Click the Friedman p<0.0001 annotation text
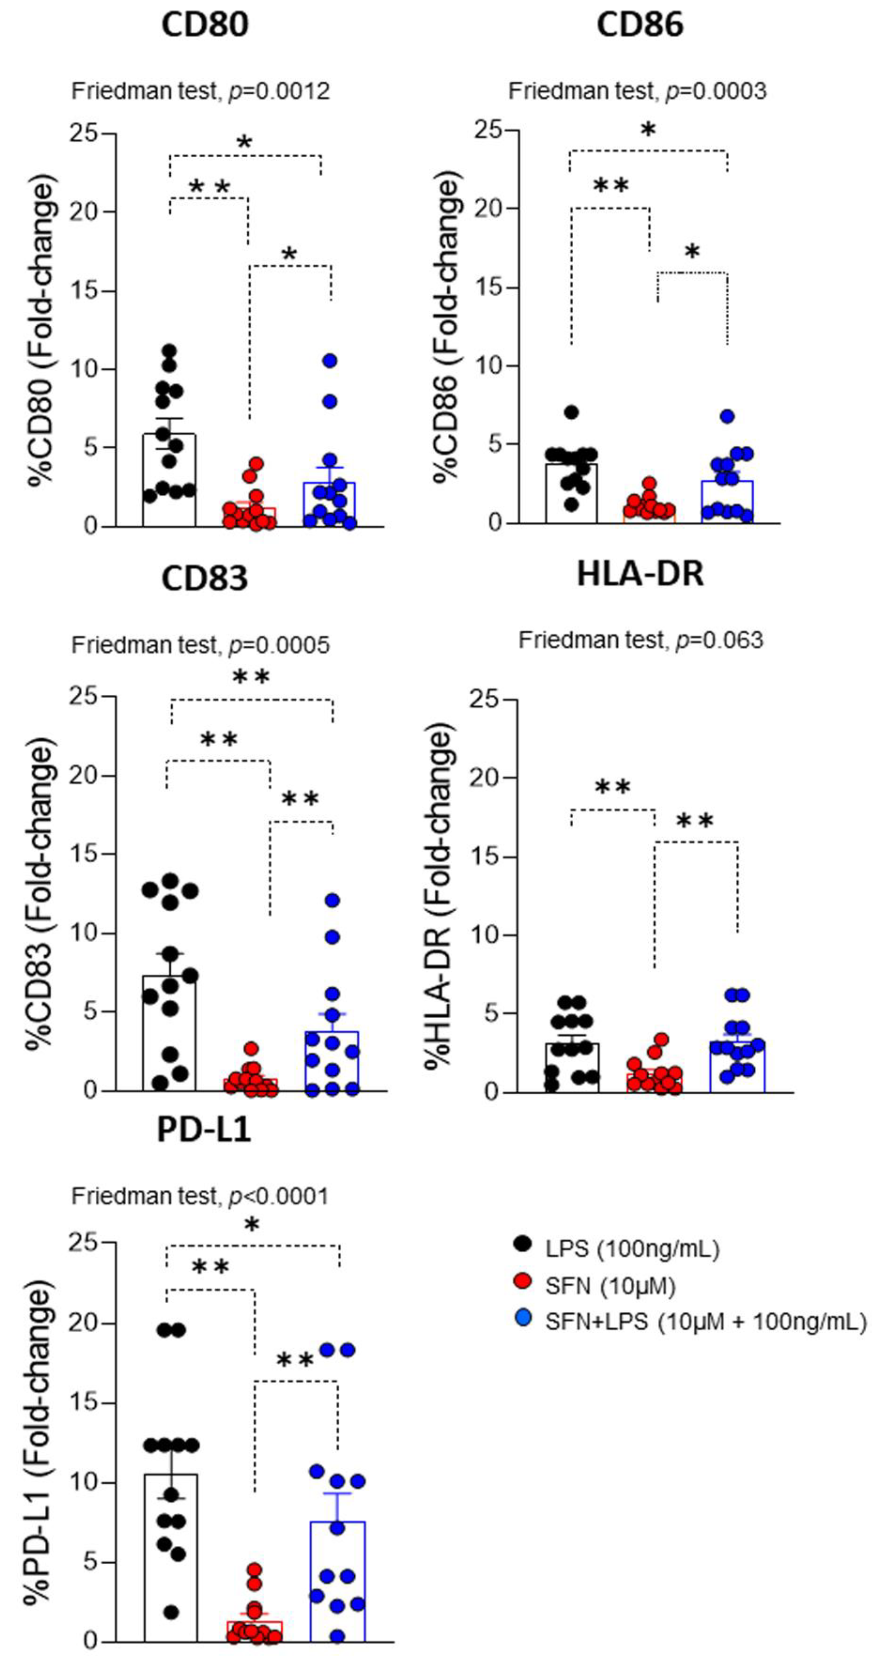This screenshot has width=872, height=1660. pos(200,1197)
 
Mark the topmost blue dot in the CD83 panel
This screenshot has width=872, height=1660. pos(332,900)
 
